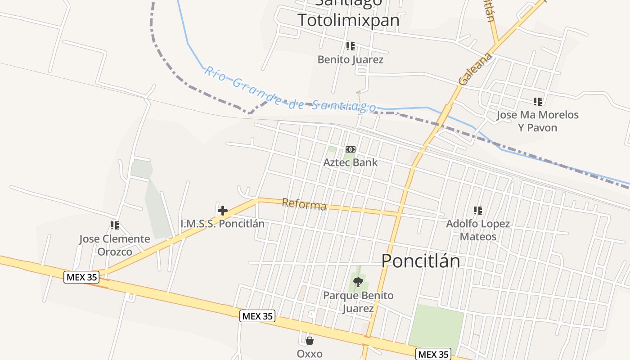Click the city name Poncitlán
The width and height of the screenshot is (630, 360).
point(421,261)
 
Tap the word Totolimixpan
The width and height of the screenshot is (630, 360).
point(348,20)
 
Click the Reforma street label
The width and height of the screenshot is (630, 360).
point(304,204)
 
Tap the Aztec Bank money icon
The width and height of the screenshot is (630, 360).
point(350,149)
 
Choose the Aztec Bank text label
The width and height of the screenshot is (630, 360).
point(351,162)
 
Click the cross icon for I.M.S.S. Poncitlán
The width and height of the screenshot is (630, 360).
point(222,210)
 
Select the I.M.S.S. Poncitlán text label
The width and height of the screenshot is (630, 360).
point(222,223)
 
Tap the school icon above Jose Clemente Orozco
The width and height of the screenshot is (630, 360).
point(114,225)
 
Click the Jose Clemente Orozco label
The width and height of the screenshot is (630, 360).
point(115,245)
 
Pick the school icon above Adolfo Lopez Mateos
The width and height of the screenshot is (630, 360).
point(478,210)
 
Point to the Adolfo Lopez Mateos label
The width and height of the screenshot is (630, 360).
point(478,230)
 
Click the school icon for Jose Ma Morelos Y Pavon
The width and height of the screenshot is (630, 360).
point(537,102)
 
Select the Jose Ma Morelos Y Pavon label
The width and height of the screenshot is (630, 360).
point(537,121)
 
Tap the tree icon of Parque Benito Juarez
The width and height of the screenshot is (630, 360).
point(358,283)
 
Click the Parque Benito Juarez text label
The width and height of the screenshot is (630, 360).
point(358,301)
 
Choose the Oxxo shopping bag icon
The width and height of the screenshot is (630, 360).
point(310,341)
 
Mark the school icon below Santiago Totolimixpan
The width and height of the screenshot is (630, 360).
point(350,46)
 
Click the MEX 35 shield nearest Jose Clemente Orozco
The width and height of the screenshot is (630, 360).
point(81,277)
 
